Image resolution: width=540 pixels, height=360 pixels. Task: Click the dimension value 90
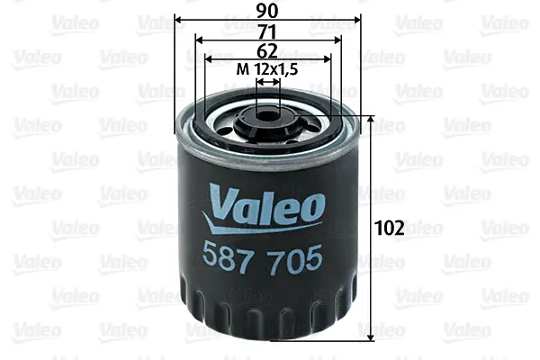click(x=267, y=12)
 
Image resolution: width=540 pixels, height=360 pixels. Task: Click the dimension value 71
click(x=267, y=31)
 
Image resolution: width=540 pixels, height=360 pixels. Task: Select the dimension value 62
click(x=267, y=51)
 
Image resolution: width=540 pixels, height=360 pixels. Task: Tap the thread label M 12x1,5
click(x=267, y=70)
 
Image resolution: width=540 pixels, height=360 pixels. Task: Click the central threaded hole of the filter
click(x=268, y=114)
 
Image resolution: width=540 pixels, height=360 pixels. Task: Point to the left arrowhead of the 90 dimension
click(x=178, y=20)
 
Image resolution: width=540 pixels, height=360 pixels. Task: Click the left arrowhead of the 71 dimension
click(x=200, y=40)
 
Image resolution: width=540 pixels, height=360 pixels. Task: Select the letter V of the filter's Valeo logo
click(x=220, y=199)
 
